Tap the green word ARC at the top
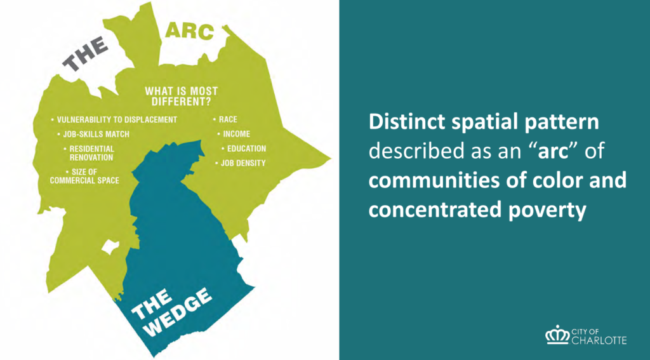(190, 32)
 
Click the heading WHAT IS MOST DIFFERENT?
(181, 97)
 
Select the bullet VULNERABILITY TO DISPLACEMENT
(114, 120)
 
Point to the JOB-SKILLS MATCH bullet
(93, 135)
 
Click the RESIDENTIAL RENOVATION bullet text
(89, 153)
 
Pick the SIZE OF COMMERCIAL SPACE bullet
(84, 177)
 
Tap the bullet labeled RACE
(225, 120)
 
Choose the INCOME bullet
(234, 135)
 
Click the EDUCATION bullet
(244, 149)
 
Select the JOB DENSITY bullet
(241, 163)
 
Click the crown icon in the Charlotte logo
(557, 335)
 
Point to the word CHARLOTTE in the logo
(599, 340)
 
